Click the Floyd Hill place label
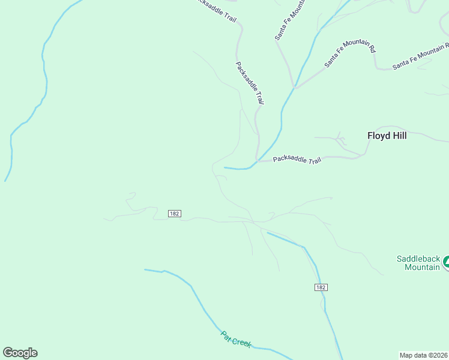coord(387,136)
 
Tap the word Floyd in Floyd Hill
coord(378,136)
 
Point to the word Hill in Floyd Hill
coord(399,136)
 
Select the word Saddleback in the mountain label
coord(418,259)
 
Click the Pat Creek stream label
coord(236,340)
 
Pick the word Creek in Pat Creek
coord(242,343)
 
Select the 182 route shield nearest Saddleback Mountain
coord(321,287)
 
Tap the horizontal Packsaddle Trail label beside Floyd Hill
coord(297,160)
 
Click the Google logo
coord(20,353)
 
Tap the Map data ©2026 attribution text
coord(424,355)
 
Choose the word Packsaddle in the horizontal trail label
coord(289,160)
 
